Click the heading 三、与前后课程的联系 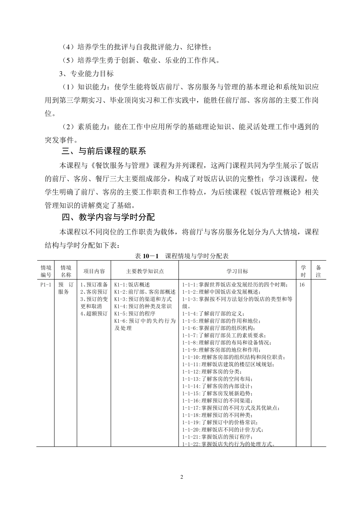103,151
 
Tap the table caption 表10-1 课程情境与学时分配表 182,256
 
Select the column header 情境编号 46,271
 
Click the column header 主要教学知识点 145,271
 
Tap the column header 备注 318,271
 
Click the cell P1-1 45,285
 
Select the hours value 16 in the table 302,285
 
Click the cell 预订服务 66,288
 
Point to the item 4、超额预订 94,314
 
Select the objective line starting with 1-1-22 229,444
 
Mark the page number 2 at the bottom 182,477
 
